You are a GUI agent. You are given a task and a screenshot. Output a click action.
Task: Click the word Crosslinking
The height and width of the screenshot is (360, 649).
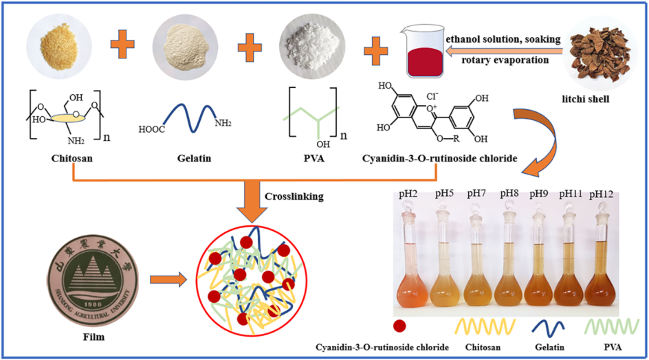pyautogui.click(x=291, y=196)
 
